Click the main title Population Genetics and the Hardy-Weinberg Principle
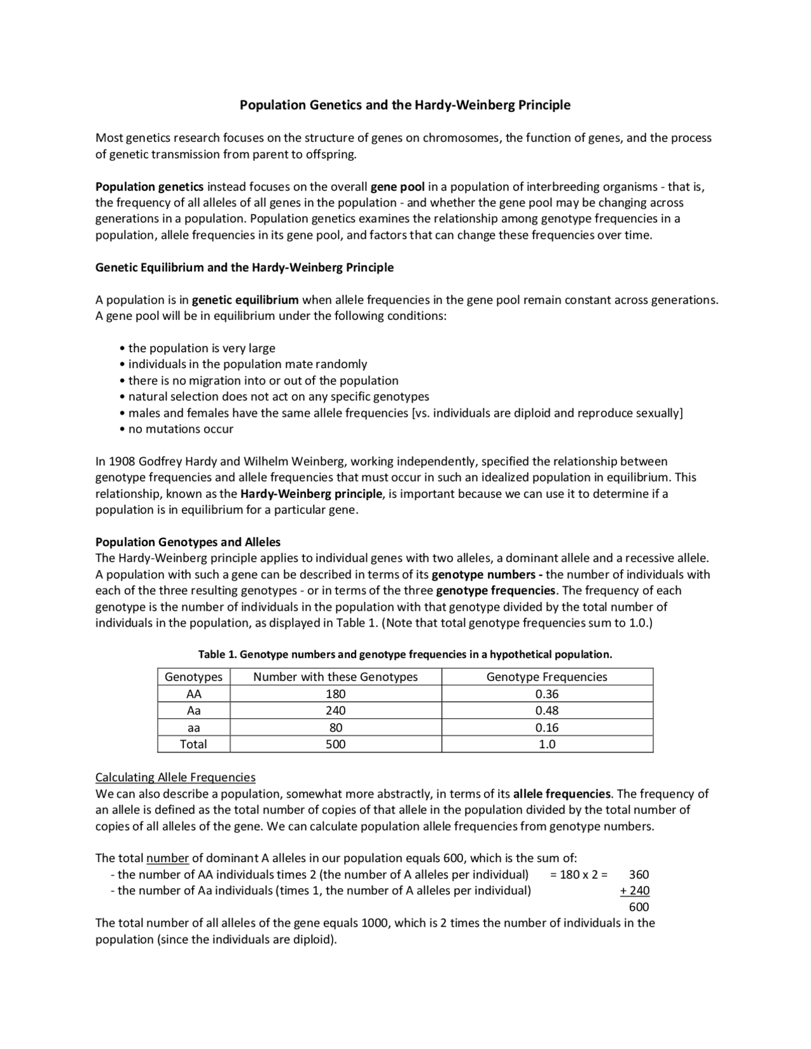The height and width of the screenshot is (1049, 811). [405, 105]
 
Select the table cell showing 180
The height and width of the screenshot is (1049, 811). [335, 694]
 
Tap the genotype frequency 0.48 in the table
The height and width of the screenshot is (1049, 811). [547, 710]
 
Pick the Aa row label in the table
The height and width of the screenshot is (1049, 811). [193, 710]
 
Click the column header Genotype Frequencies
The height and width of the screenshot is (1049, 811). [547, 677]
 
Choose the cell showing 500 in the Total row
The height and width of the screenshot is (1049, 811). [335, 744]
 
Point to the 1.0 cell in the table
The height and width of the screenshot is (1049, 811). [547, 744]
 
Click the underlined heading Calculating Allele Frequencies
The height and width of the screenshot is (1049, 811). [176, 777]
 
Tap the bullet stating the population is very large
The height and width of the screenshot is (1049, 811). [201, 348]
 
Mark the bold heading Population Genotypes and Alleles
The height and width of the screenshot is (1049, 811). [188, 542]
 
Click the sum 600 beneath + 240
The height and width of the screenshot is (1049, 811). [639, 907]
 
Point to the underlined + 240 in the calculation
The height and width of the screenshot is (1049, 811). [635, 891]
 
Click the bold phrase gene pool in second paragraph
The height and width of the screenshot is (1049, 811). [397, 187]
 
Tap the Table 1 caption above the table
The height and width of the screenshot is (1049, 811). [405, 654]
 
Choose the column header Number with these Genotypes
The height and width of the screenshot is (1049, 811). [335, 677]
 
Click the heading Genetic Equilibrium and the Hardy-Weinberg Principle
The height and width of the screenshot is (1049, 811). [244, 267]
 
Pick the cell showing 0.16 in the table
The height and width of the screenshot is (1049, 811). [547, 727]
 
